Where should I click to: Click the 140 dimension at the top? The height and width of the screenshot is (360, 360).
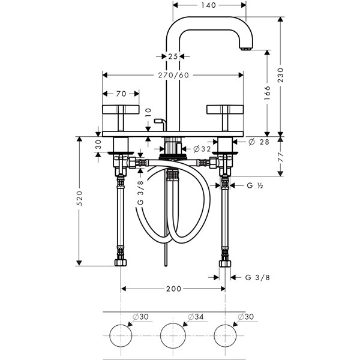[209, 5]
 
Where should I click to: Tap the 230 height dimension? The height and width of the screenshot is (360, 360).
[281, 75]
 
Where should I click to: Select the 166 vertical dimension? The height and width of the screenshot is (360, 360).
[267, 93]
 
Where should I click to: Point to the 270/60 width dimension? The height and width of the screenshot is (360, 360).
[173, 75]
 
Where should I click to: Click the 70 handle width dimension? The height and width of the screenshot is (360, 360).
[121, 94]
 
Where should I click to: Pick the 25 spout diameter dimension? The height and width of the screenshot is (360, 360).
[173, 56]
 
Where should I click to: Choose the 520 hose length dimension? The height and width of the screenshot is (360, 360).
[79, 198]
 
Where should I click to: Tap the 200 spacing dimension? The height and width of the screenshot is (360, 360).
[173, 289]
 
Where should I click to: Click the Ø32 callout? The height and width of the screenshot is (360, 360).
[202, 149]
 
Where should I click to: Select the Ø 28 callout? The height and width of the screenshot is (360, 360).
[259, 142]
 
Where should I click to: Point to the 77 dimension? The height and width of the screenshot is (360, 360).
[281, 157]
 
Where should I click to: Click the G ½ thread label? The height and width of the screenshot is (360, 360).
[255, 185]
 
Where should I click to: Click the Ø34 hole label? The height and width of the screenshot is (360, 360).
[196, 317]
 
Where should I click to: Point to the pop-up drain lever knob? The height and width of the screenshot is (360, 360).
[158, 121]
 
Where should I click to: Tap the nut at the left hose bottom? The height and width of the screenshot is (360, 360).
[121, 263]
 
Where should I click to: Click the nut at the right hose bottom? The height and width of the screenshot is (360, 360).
[225, 263]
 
